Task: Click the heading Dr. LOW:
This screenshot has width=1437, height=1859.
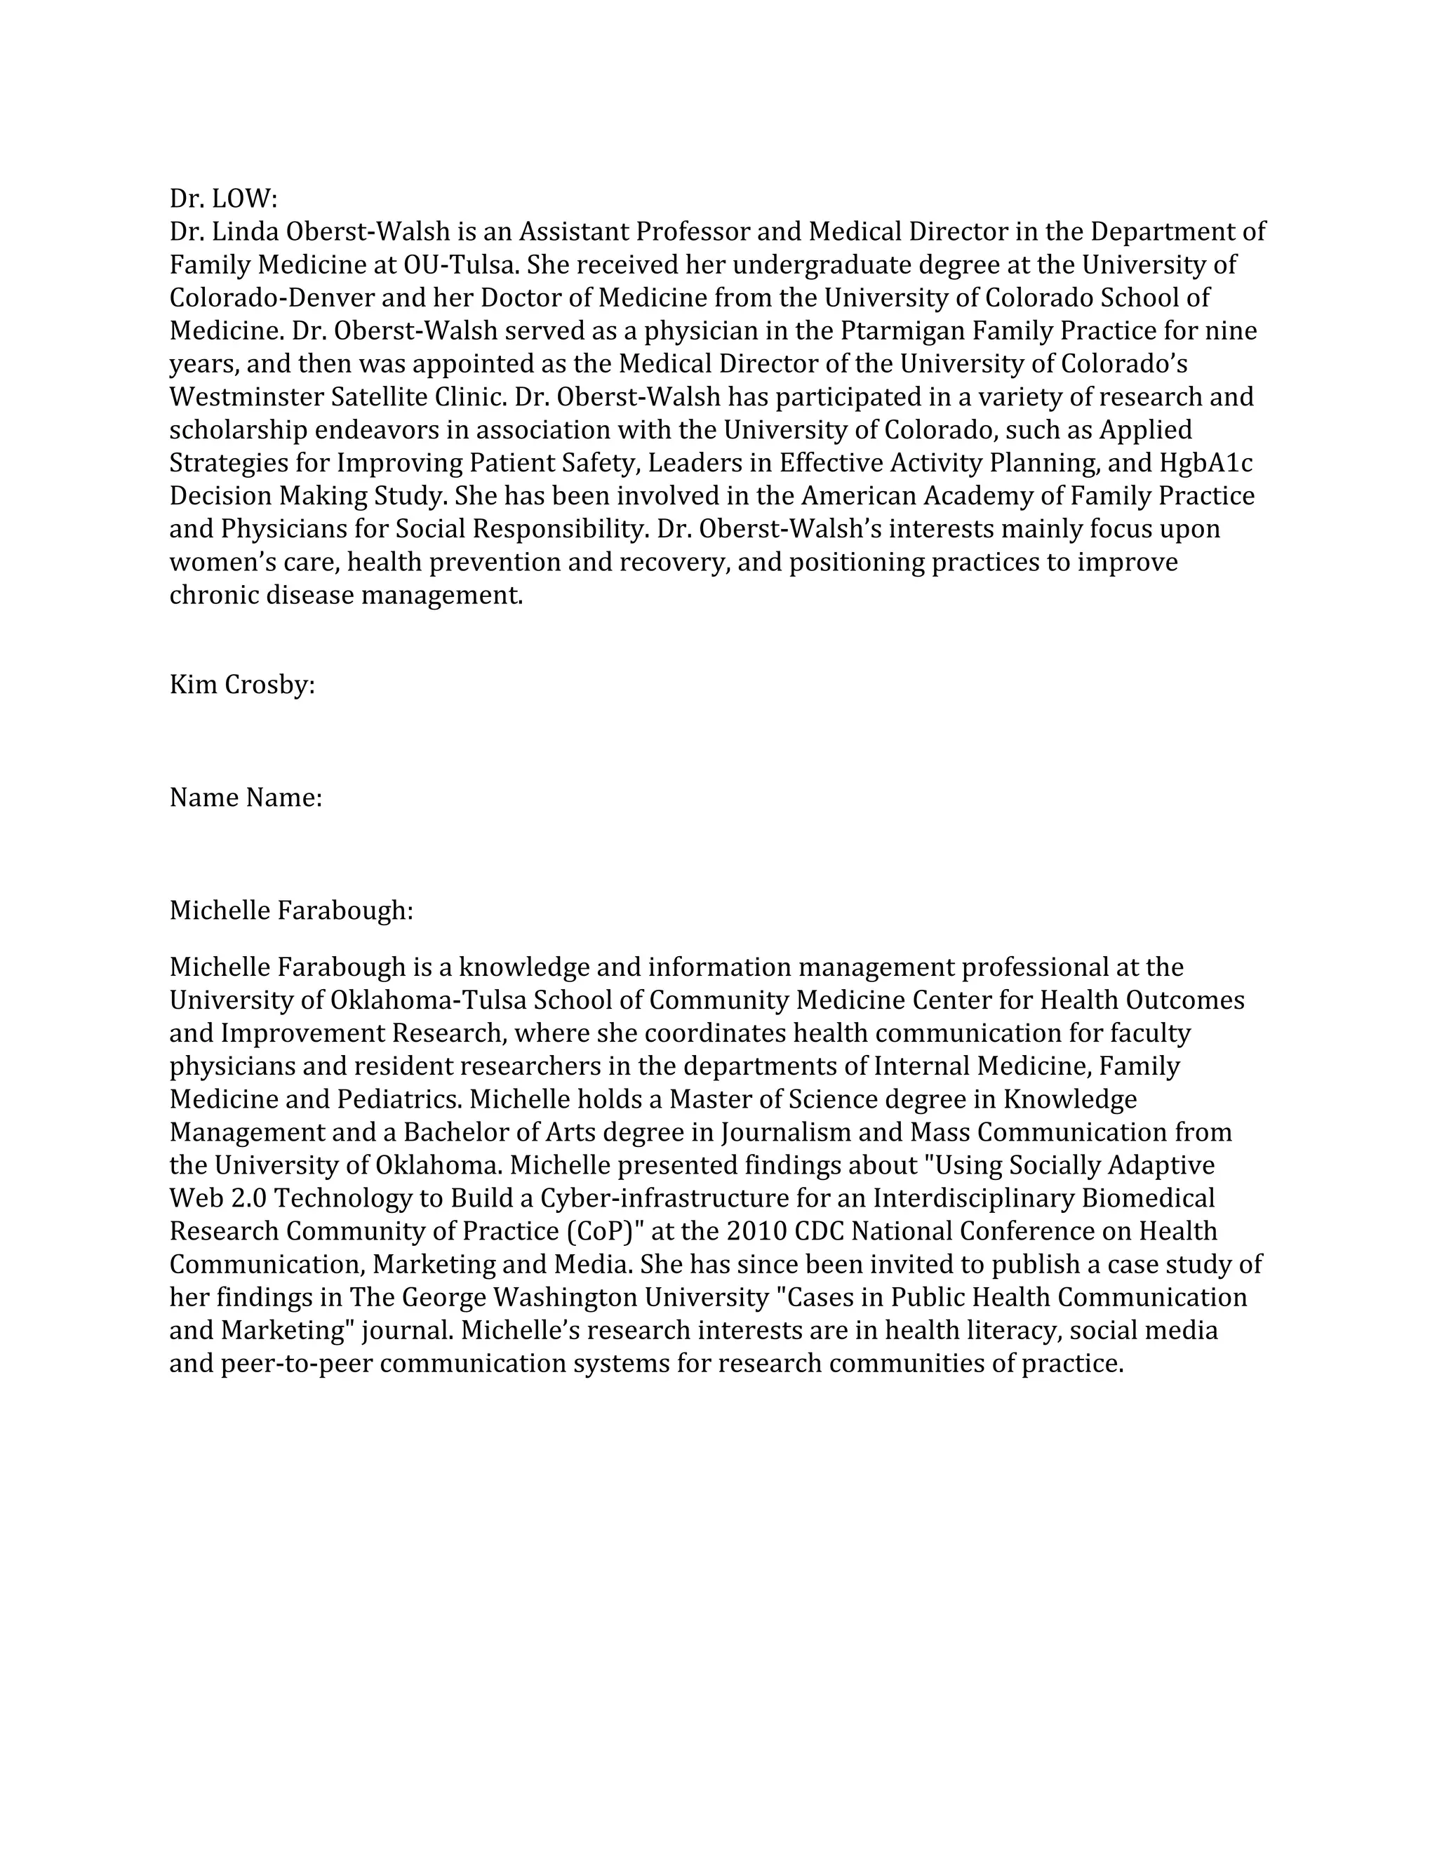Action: pos(223,199)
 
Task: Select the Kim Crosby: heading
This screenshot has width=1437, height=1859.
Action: pos(242,685)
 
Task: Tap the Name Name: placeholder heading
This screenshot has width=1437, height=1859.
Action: pos(245,798)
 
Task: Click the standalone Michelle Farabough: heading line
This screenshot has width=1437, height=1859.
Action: pos(291,911)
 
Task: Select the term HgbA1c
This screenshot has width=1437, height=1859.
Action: pos(1205,463)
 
